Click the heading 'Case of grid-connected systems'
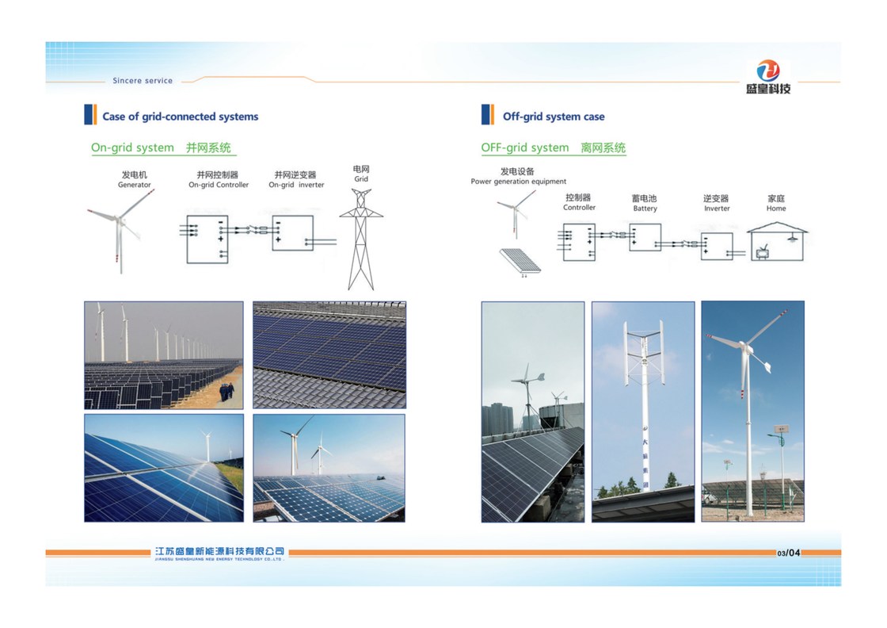coord(180,117)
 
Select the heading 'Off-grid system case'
coord(553,117)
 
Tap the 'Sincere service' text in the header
coord(143,81)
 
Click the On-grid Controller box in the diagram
coord(207,239)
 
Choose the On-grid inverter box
coord(292,233)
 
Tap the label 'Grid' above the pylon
coord(361,179)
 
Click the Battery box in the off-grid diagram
coord(645,237)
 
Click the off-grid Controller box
coord(579,242)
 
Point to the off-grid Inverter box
coord(716,246)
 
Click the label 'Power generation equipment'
coord(518,182)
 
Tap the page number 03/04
coord(789,553)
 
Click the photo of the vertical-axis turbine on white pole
coord(643,411)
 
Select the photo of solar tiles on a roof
coord(329,354)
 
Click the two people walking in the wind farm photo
coord(229,392)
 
